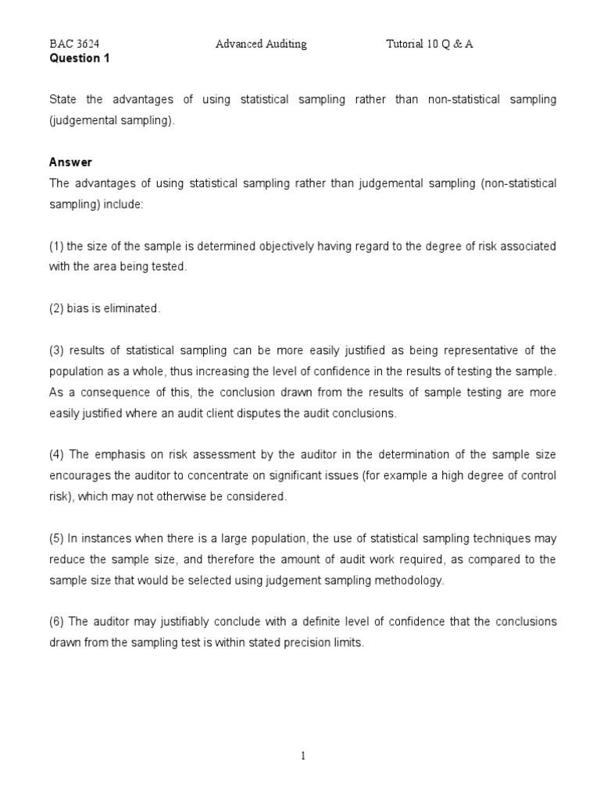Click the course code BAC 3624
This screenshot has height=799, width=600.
(x=74, y=44)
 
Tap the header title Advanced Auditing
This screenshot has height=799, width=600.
(x=261, y=44)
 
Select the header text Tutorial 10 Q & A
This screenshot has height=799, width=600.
(x=430, y=44)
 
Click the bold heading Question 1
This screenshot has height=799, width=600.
(x=74, y=58)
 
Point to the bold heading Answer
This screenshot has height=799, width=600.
(x=70, y=162)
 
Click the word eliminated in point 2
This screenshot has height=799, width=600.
(x=133, y=309)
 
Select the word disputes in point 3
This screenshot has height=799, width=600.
(x=295, y=414)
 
